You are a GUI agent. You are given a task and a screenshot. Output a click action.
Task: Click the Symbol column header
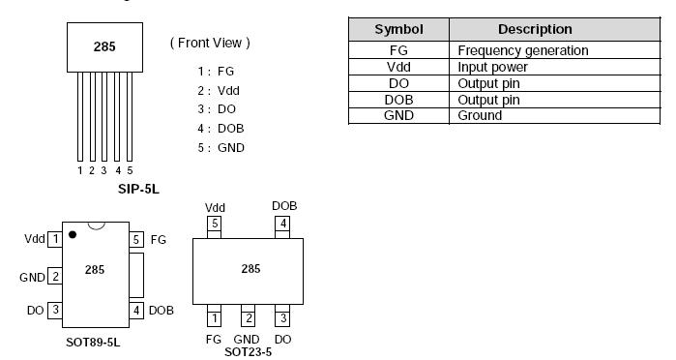click(x=398, y=29)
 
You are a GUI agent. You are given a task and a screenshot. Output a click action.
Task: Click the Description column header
click(x=535, y=29)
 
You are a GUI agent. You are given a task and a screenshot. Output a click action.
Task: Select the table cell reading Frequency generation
click(x=522, y=50)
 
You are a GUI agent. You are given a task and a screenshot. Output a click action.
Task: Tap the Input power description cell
click(x=492, y=67)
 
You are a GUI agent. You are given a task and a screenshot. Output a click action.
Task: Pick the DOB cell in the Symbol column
click(x=398, y=100)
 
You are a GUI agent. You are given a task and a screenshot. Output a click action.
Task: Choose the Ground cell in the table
click(x=480, y=115)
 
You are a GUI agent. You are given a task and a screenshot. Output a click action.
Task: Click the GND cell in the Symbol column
click(x=398, y=115)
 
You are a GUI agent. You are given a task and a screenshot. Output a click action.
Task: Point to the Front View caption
click(x=210, y=43)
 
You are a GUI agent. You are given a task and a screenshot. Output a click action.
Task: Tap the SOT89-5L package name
click(x=92, y=343)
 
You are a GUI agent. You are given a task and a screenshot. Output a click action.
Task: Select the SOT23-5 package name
click(x=248, y=351)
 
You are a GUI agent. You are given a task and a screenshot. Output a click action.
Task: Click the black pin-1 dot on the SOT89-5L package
click(x=73, y=234)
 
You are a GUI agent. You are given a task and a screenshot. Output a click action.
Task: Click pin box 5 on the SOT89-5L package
click(x=136, y=239)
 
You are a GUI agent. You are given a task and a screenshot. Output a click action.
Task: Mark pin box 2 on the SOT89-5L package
click(x=55, y=277)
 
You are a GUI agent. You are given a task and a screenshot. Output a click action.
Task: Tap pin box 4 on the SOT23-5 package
click(x=282, y=225)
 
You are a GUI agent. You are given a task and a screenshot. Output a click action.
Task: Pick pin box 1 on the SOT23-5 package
click(x=214, y=318)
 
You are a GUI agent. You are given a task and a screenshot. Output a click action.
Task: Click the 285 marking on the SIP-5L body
click(x=104, y=45)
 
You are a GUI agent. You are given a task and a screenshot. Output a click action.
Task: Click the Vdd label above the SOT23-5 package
click(x=215, y=207)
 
